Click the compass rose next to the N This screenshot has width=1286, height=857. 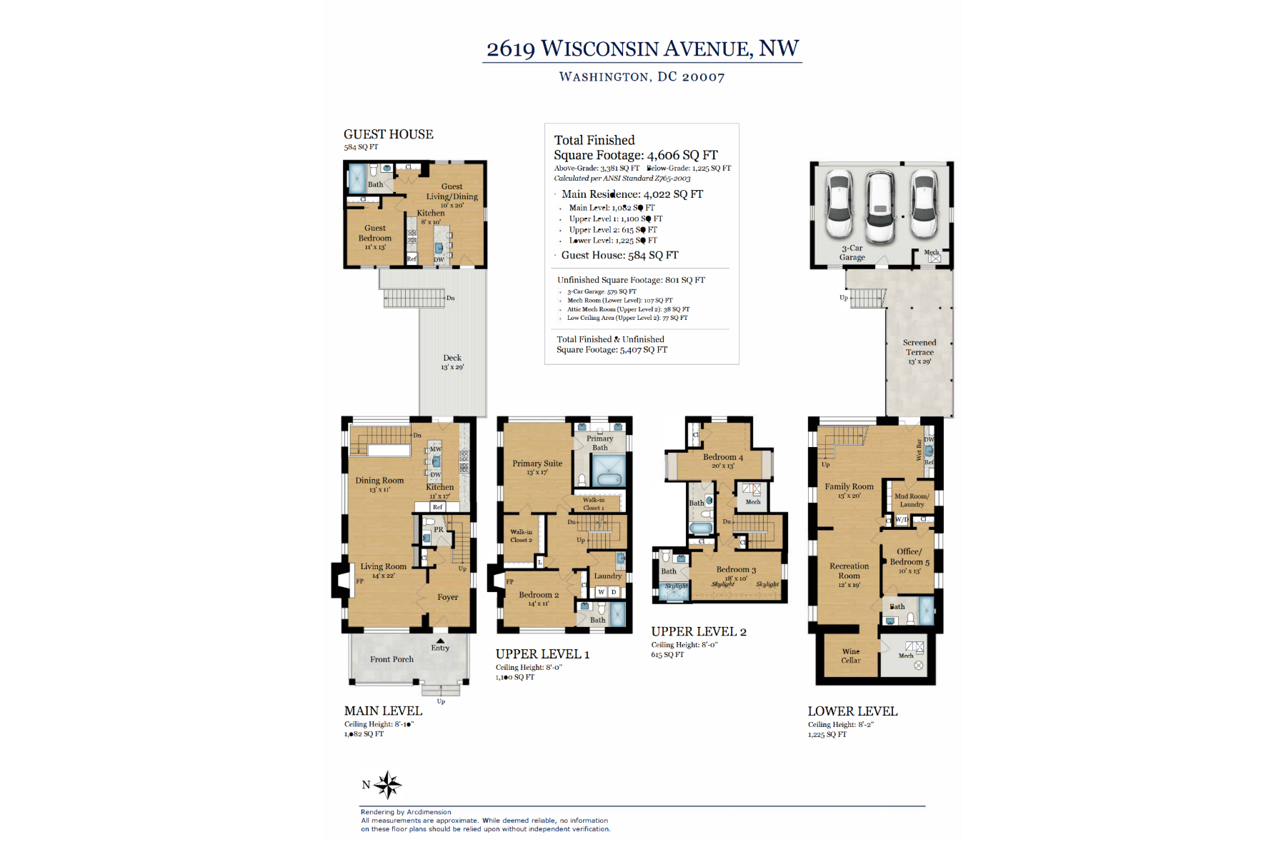[388, 785]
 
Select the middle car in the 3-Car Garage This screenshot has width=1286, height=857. [879, 208]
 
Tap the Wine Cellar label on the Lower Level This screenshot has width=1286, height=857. [850, 656]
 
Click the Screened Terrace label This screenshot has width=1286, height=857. [919, 348]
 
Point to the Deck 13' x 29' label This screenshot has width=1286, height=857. [452, 362]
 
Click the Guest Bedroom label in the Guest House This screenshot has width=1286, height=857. [374, 234]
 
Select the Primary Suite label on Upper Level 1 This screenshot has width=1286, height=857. [537, 463]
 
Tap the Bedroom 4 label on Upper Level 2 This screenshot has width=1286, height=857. [722, 457]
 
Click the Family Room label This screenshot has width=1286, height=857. [849, 487]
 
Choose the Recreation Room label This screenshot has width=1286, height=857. [849, 571]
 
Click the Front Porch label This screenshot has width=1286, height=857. [392, 659]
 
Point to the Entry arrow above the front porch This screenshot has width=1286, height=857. [441, 641]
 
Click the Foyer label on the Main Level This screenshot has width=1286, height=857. [448, 597]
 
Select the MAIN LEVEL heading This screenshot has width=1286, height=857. [383, 711]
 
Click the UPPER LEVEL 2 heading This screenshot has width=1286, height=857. [699, 632]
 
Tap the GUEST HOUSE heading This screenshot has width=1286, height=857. [388, 134]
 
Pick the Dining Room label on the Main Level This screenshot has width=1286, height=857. [379, 481]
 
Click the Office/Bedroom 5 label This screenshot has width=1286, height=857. [909, 557]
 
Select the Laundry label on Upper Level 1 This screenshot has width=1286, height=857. [608, 576]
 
